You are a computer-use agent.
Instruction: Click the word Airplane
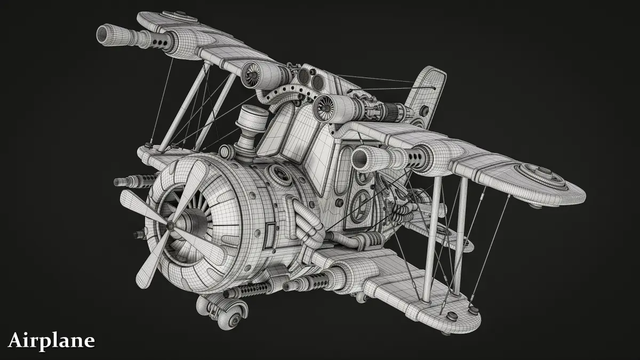[51, 341]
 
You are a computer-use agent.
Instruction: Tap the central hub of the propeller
[170, 226]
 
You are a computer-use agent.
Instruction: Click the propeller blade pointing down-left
[151, 260]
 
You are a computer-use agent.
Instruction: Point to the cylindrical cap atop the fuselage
[251, 117]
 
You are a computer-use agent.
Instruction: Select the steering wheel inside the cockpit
[361, 205]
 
